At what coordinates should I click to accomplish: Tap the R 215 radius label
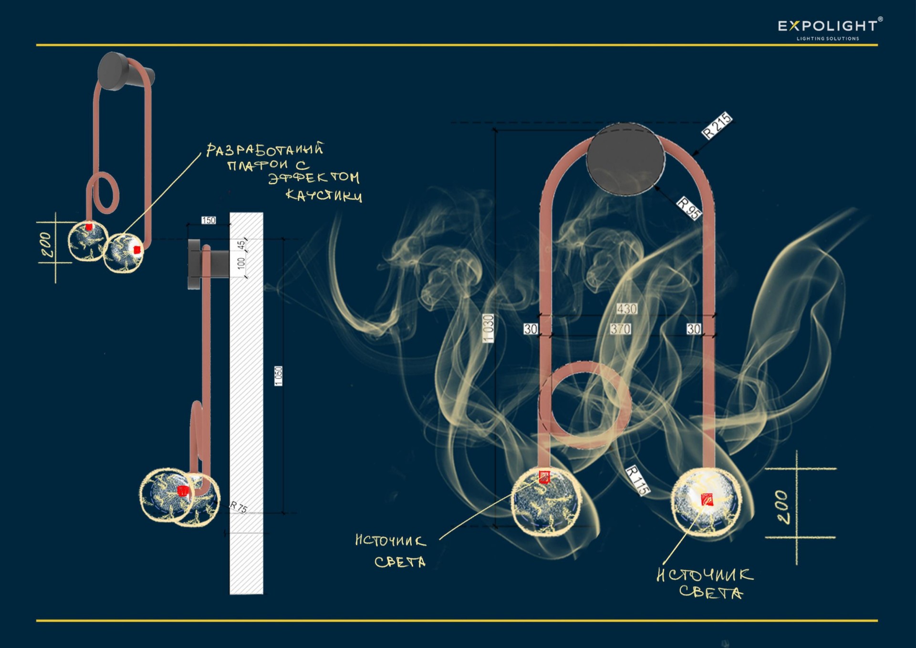(717, 125)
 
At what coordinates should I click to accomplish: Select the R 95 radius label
(689, 208)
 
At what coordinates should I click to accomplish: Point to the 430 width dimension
(626, 309)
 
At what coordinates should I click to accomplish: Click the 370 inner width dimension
(620, 329)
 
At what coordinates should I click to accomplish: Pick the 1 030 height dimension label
(488, 328)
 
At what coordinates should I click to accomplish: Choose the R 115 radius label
(637, 480)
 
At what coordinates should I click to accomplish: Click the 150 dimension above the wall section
(208, 220)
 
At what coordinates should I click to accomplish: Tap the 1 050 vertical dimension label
(279, 376)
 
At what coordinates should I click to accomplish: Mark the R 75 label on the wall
(239, 507)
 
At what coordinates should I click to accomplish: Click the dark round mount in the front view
(625, 159)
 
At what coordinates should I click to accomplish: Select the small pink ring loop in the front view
(585, 405)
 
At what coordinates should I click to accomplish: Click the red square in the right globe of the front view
(706, 499)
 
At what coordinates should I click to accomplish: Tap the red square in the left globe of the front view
(544, 477)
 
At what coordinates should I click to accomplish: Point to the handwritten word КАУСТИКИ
(323, 195)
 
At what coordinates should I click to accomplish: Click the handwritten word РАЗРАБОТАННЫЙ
(265, 150)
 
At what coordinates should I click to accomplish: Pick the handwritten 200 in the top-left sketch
(47, 245)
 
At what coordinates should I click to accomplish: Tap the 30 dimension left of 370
(531, 329)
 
